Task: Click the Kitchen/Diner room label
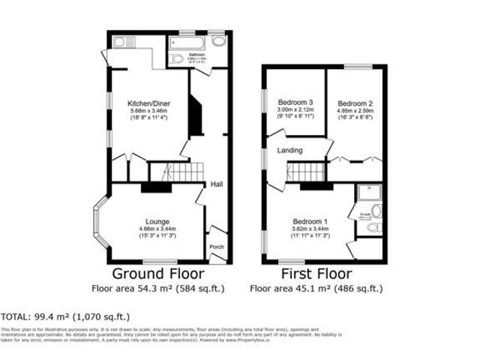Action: (x=146, y=103)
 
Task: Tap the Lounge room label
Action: (x=157, y=221)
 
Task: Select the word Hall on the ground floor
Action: (x=216, y=184)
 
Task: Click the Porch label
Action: (x=216, y=247)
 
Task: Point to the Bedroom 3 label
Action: (x=295, y=102)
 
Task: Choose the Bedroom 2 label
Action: (x=355, y=103)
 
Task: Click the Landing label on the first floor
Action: (x=290, y=151)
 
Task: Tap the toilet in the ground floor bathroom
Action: (x=177, y=58)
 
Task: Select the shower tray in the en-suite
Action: (x=368, y=193)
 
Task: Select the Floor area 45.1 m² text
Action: (x=316, y=287)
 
